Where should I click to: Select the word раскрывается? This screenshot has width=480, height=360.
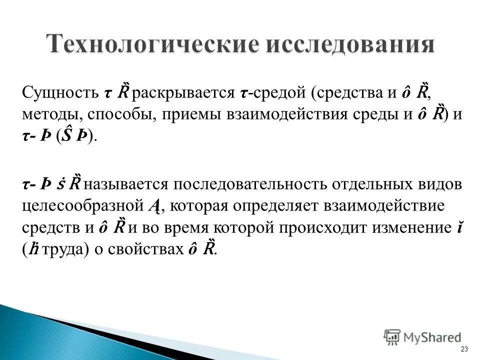tap(183, 93)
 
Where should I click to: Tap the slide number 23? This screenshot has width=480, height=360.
tap(464, 349)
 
